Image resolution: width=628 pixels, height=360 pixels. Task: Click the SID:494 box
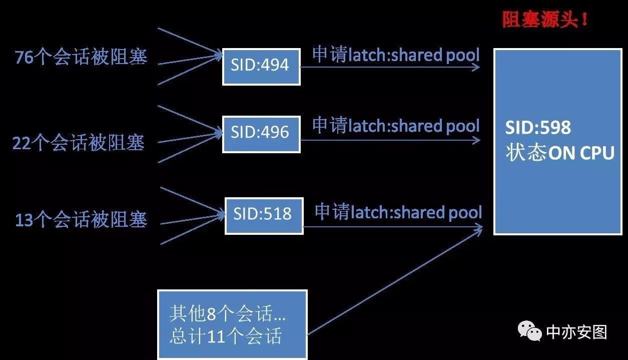coord(261,66)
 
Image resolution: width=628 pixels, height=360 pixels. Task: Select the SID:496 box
coord(261,133)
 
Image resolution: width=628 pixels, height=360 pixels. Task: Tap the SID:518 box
coord(263,215)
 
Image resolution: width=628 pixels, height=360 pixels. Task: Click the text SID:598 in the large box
coord(537,128)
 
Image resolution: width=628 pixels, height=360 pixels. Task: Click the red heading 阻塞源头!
coord(545,21)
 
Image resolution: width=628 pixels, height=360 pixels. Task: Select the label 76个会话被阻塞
coord(81,58)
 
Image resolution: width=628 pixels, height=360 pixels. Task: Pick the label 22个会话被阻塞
coord(79,144)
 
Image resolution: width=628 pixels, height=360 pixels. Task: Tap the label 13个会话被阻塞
coord(81,220)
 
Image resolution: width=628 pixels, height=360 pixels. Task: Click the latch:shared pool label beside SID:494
coord(396,55)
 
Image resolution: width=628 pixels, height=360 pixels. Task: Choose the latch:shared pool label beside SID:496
coord(396,126)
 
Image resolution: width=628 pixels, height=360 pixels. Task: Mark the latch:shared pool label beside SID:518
coord(398,212)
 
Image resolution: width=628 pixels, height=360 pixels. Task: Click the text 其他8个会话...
coord(228,314)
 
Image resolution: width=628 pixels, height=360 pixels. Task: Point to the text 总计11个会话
coord(225,336)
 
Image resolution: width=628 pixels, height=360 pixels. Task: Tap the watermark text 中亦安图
coord(576,332)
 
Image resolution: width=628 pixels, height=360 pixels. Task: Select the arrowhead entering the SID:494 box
coord(219,55)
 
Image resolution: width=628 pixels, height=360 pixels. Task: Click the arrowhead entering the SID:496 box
coord(219,133)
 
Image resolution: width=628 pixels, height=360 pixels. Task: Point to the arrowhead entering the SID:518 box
coord(222,216)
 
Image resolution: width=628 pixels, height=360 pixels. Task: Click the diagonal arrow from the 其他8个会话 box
coord(395,281)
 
